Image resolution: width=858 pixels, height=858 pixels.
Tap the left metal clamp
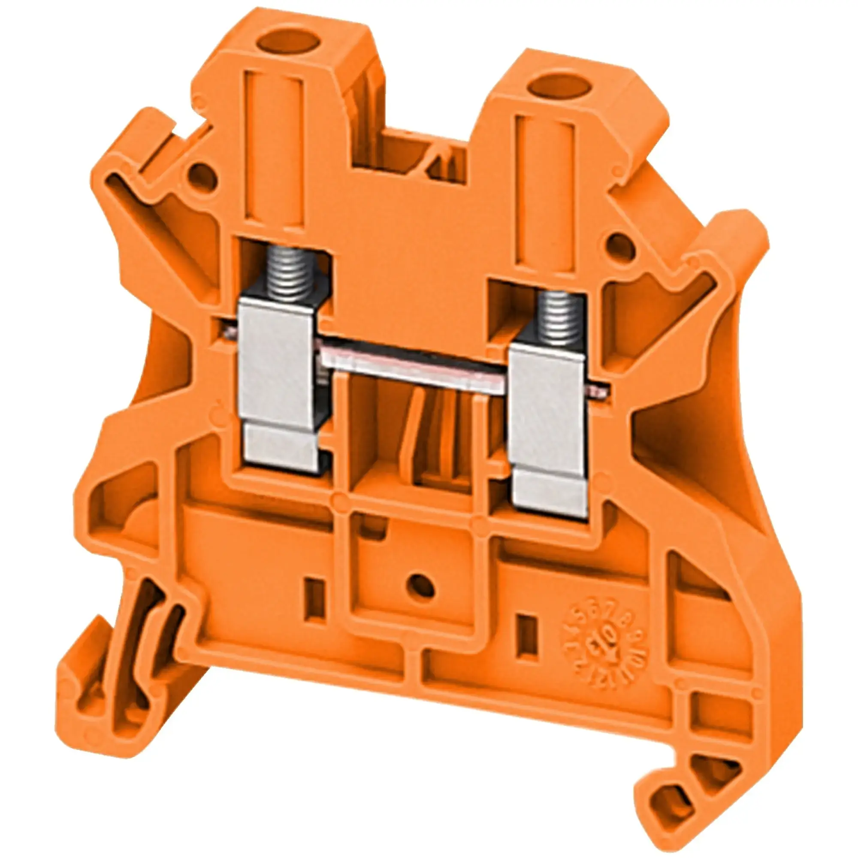tap(276, 360)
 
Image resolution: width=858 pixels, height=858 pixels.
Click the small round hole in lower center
tap(420, 586)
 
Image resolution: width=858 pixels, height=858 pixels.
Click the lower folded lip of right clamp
tap(550, 493)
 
